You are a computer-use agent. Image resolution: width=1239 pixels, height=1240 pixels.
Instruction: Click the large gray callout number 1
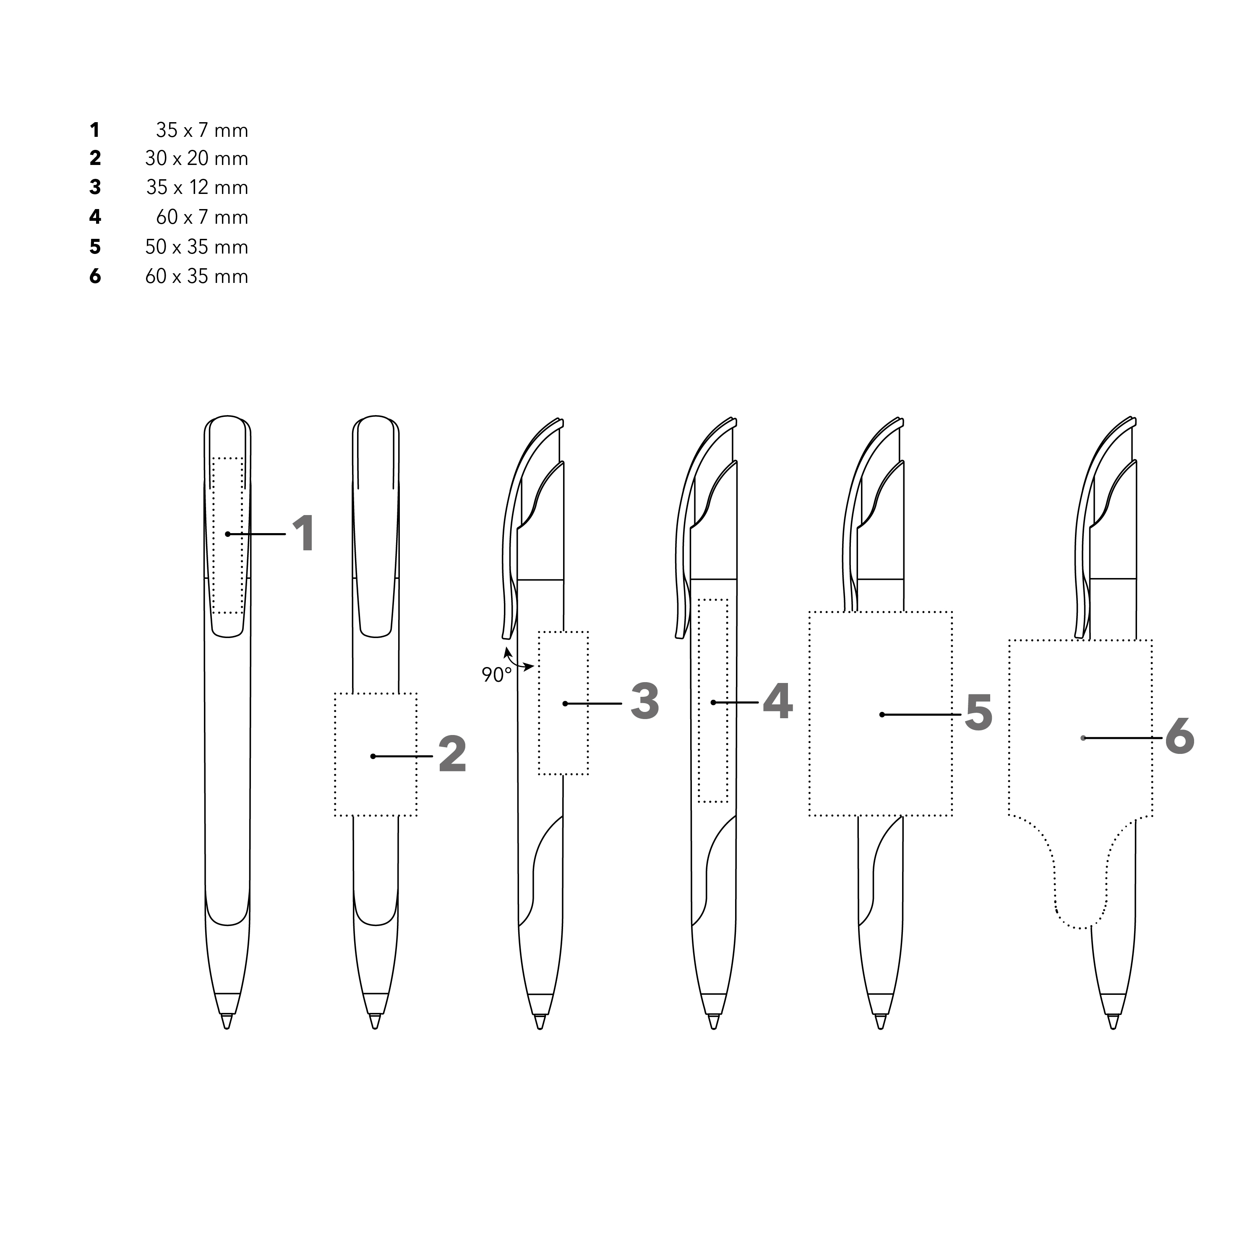(x=303, y=534)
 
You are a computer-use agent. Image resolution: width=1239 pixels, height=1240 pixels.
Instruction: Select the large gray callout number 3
(x=645, y=701)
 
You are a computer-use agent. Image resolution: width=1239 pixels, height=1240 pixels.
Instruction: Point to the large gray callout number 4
(x=777, y=701)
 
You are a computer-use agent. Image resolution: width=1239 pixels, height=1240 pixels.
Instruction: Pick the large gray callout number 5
(x=978, y=712)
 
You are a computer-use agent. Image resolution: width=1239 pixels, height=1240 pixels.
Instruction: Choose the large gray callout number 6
(x=1179, y=736)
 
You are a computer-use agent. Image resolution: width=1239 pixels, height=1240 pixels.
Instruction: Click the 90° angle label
(x=497, y=675)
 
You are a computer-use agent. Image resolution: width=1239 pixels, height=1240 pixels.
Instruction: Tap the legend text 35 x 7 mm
(x=201, y=130)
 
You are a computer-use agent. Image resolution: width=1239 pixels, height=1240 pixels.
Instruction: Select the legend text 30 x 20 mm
(x=196, y=159)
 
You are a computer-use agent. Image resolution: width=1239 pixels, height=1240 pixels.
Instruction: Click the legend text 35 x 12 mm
(x=197, y=187)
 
